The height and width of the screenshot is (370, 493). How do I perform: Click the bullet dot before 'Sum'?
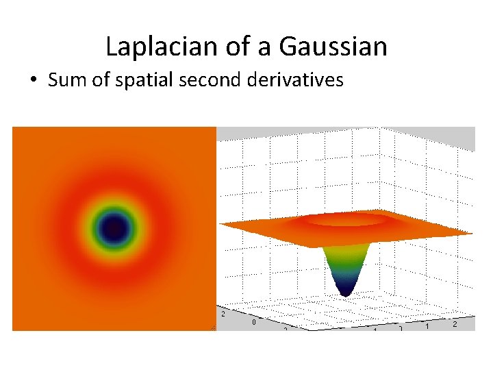33,81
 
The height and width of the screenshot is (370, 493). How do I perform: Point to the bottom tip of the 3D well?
346,293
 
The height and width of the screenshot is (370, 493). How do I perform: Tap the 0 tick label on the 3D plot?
255,321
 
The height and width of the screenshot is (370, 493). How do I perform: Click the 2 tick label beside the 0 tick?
223,314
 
